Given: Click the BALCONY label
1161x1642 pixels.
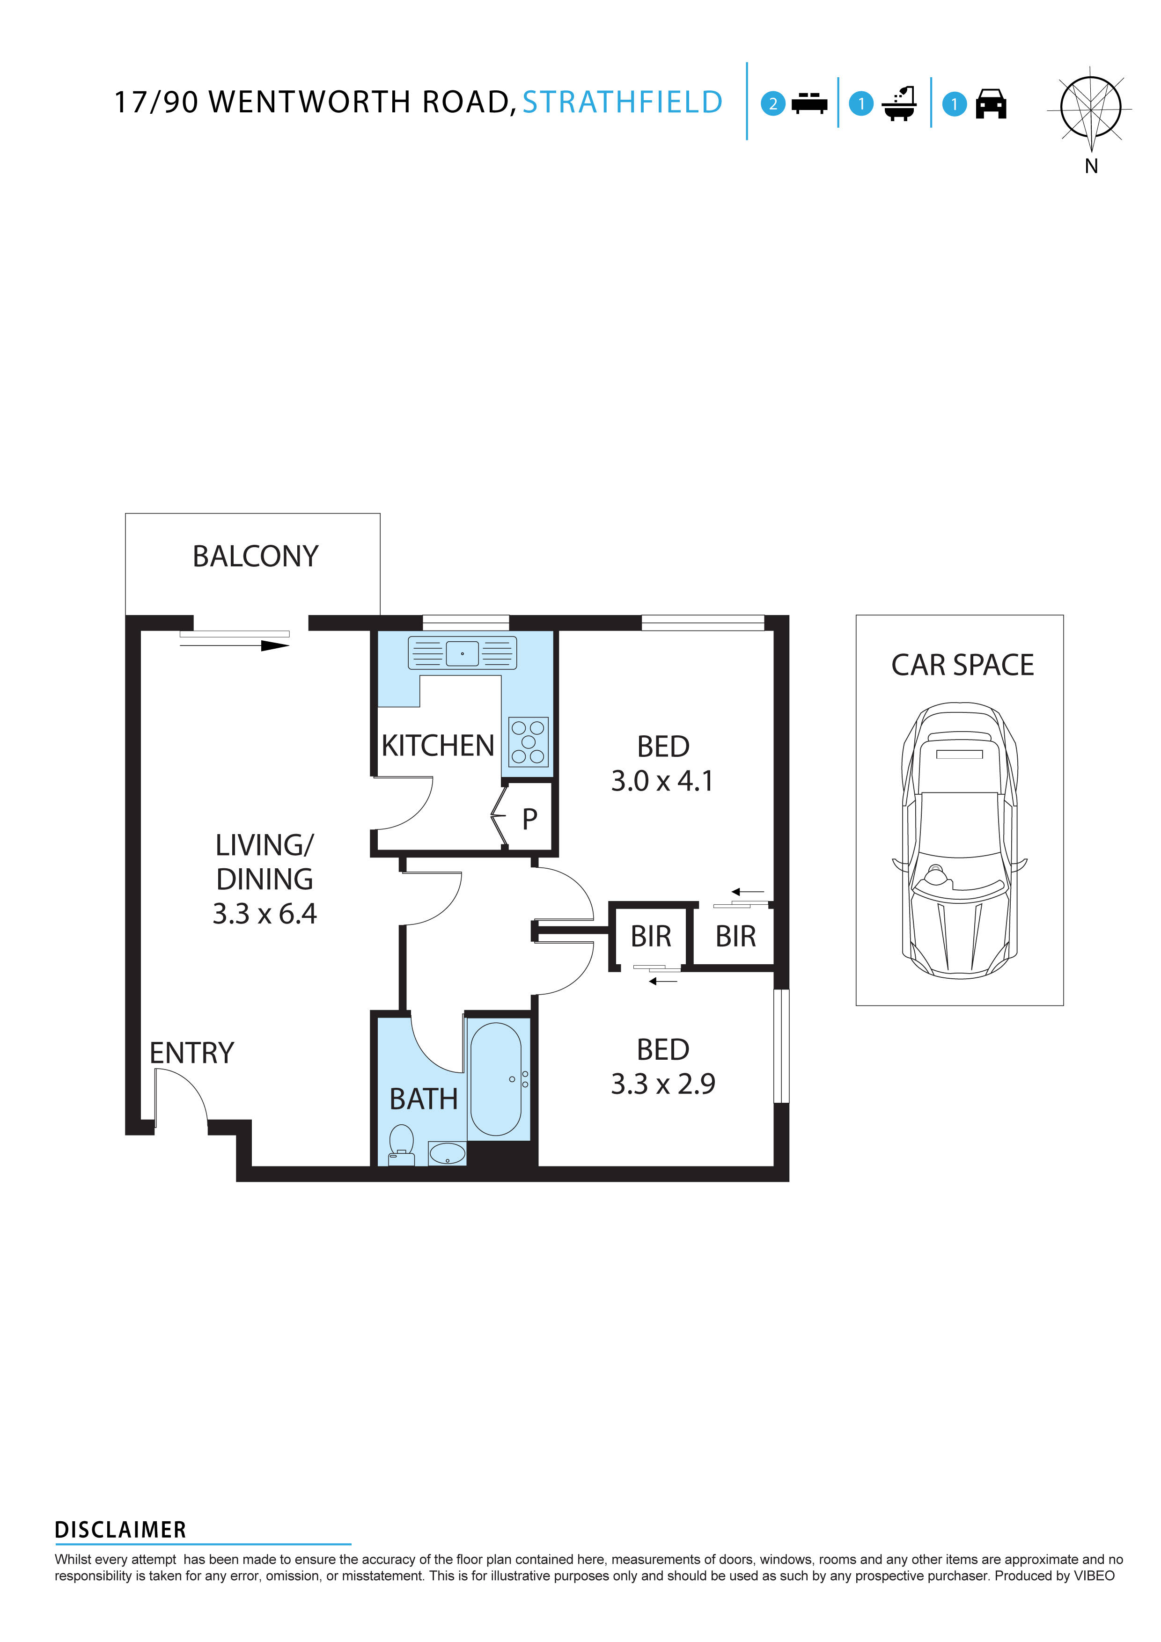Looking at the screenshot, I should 256,557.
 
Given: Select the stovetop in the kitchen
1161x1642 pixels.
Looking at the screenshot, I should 528,741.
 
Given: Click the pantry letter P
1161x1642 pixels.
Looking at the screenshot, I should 529,819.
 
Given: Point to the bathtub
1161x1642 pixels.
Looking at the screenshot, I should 496,1079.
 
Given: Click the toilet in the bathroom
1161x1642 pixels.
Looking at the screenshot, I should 401,1143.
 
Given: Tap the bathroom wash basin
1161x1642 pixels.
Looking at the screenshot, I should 447,1153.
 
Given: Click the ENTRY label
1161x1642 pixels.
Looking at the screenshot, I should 192,1054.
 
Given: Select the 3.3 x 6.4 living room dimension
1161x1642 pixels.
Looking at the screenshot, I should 265,914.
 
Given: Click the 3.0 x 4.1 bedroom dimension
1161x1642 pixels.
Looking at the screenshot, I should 662,781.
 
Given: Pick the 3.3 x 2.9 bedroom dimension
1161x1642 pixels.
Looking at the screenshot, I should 662,1084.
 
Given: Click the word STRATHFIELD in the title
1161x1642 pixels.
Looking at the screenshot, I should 622,102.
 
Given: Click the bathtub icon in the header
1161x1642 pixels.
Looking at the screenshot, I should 899,104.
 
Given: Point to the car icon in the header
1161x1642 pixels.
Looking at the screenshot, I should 991,104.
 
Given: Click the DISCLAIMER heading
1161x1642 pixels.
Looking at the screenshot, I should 120,1531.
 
